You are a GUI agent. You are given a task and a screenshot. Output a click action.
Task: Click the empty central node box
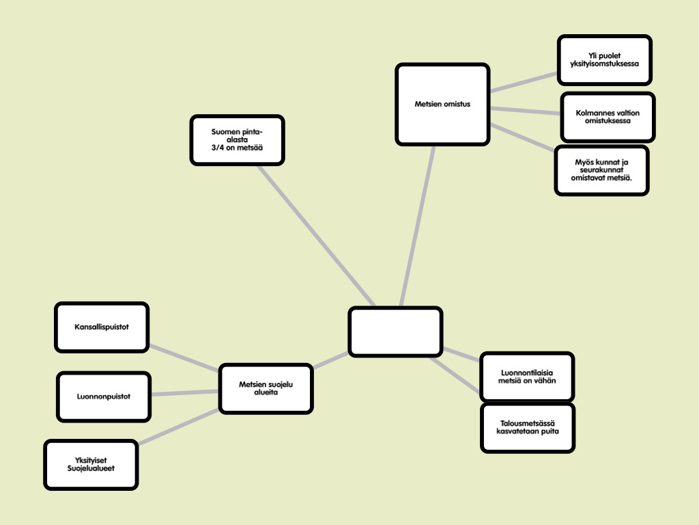(x=395, y=332)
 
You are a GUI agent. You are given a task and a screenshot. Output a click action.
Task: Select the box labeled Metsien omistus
(x=443, y=105)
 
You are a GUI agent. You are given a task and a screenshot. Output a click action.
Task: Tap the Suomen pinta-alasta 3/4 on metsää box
(x=237, y=140)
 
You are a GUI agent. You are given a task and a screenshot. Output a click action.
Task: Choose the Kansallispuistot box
(x=102, y=327)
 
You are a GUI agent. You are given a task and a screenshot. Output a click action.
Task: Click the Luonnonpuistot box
(x=104, y=396)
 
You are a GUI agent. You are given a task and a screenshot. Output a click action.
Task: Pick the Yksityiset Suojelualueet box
(x=91, y=465)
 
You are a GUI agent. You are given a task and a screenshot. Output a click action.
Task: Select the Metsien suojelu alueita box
(x=266, y=389)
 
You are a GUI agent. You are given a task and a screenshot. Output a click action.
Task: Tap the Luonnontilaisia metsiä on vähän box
(x=527, y=376)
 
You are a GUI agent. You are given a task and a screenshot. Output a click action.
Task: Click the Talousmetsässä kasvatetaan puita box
(x=528, y=428)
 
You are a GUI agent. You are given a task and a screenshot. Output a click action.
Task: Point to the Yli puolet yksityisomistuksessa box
(x=604, y=60)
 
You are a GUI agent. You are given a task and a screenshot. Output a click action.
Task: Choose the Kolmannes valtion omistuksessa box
(x=608, y=116)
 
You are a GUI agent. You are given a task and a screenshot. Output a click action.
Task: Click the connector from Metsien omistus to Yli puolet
(x=524, y=81)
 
